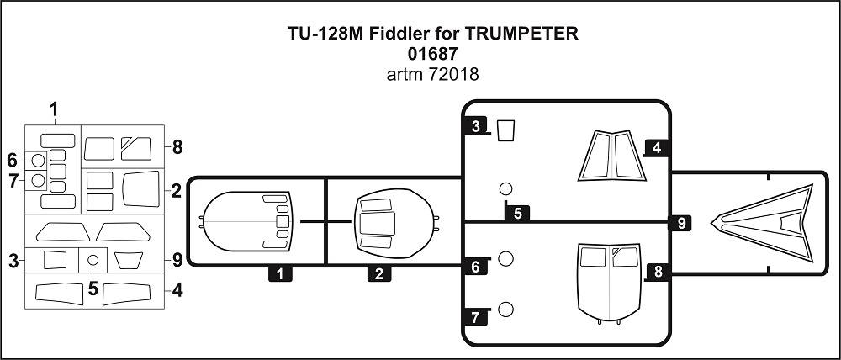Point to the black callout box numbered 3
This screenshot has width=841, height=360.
click(x=475, y=127)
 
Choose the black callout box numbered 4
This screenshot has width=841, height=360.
click(x=656, y=148)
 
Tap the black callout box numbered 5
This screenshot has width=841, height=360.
click(x=517, y=212)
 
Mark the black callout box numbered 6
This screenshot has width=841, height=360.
click(x=475, y=266)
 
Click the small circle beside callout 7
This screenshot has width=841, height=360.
click(x=505, y=310)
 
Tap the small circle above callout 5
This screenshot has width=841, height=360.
click(x=505, y=188)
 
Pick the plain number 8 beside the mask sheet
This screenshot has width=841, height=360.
click(x=177, y=146)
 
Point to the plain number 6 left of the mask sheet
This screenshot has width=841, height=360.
click(x=12, y=160)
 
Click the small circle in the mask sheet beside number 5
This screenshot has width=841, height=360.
click(x=93, y=260)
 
